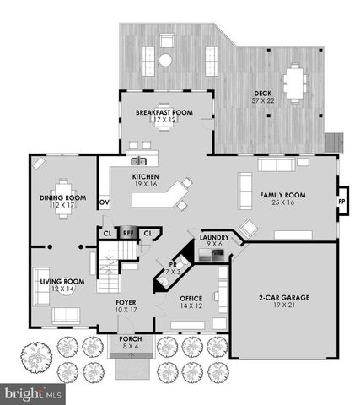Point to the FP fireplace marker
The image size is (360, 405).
tap(341, 203)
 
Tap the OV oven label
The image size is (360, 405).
tap(105, 203)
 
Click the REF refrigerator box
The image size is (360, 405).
tap(129, 234)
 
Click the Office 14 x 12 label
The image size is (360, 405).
tap(191, 302)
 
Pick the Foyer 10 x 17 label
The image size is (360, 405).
tap(126, 305)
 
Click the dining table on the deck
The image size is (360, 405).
tap(296, 82)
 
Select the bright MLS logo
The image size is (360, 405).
tap(32, 393)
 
